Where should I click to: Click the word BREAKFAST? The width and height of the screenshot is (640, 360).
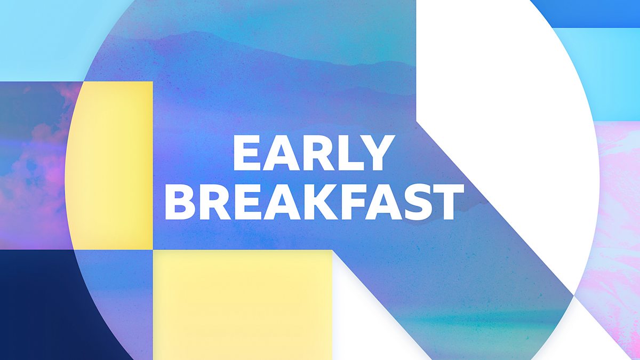click(313, 203)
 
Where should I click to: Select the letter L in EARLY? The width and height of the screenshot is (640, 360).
click(349, 154)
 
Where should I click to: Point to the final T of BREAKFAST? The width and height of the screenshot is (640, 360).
click(443, 203)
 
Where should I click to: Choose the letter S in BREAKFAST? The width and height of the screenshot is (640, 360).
click(411, 203)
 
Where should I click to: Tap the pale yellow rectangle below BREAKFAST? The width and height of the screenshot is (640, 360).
click(243, 304)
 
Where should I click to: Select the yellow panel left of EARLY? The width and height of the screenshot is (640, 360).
click(115, 165)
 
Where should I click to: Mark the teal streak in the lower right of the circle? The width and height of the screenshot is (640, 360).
click(480, 320)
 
